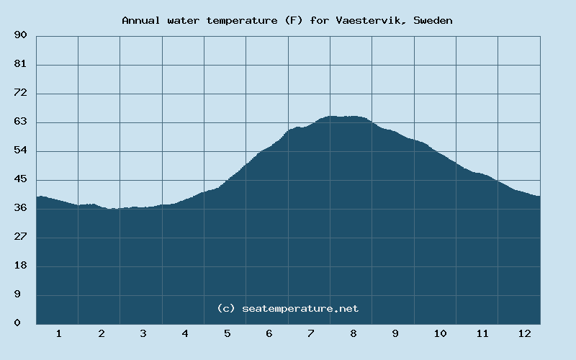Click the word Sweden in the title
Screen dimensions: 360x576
(x=433, y=20)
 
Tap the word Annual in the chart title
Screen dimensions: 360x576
(x=142, y=20)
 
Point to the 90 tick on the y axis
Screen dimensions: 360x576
(x=20, y=35)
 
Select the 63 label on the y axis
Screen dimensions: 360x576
(x=20, y=122)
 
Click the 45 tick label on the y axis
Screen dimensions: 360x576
(x=20, y=179)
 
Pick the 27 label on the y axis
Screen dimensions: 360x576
(x=20, y=237)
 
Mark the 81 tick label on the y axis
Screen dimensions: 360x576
(x=20, y=64)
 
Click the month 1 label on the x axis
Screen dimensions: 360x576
(x=58, y=333)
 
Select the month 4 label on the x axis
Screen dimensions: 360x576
(x=185, y=333)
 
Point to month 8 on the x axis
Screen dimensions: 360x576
(x=354, y=333)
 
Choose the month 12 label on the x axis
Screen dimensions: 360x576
(x=524, y=333)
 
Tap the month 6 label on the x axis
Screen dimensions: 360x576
(x=269, y=333)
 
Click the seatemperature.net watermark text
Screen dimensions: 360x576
(x=300, y=308)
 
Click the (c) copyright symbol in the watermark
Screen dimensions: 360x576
(x=226, y=308)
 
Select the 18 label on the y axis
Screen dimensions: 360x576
(x=20, y=266)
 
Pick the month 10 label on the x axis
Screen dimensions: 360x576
(x=440, y=333)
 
